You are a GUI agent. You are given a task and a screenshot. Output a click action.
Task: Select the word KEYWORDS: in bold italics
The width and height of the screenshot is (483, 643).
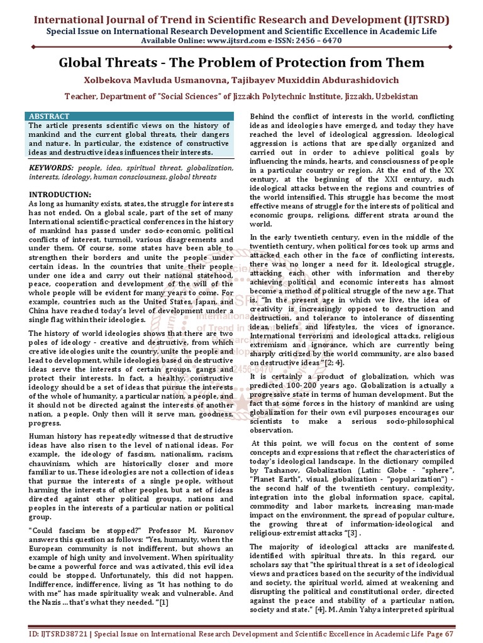click(51, 169)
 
